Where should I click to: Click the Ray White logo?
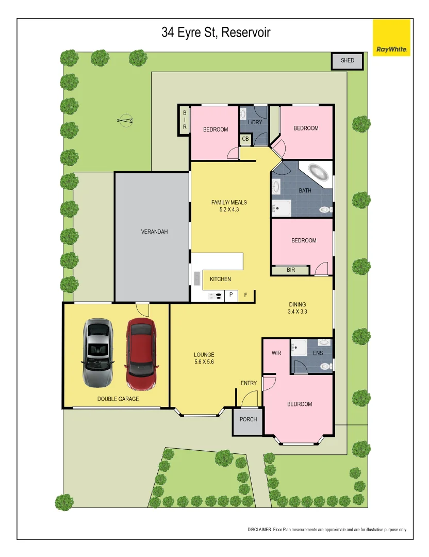[391, 38]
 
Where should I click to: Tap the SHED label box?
[348, 61]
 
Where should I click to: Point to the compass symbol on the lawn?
[125, 121]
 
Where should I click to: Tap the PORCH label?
[248, 419]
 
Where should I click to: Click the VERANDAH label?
[154, 232]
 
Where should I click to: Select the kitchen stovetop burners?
[215, 296]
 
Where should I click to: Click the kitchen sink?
[197, 278]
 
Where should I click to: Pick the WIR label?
[276, 353]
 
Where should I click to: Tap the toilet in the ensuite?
[325, 366]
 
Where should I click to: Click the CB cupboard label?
[245, 139]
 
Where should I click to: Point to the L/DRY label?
[255, 123]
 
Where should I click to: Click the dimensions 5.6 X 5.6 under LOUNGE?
[204, 362]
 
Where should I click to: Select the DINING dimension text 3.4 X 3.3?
[298, 312]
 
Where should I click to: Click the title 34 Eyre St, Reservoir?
[216, 34]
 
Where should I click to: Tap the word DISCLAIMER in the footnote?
[260, 530]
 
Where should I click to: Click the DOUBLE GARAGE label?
[118, 399]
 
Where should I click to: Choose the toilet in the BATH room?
[325, 209]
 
